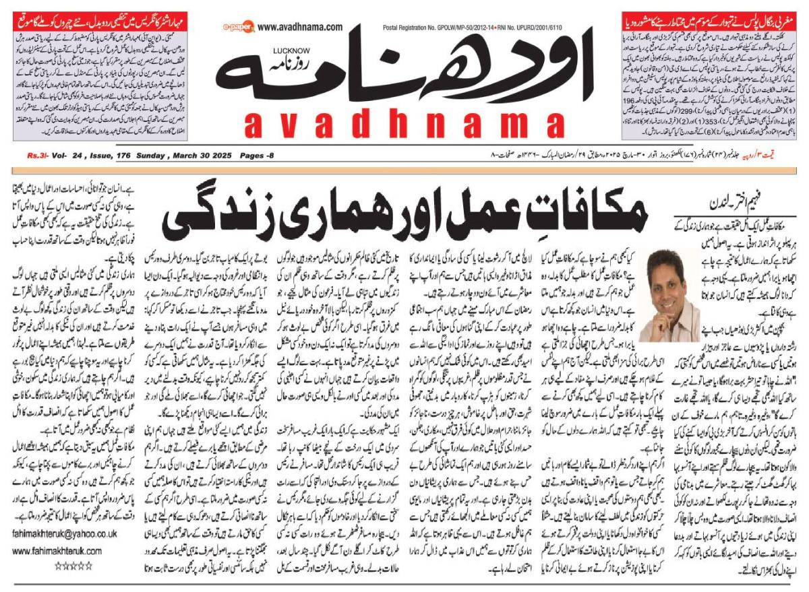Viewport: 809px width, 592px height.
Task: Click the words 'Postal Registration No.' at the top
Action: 413,27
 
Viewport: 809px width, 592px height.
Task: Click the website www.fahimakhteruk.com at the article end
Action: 57,550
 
